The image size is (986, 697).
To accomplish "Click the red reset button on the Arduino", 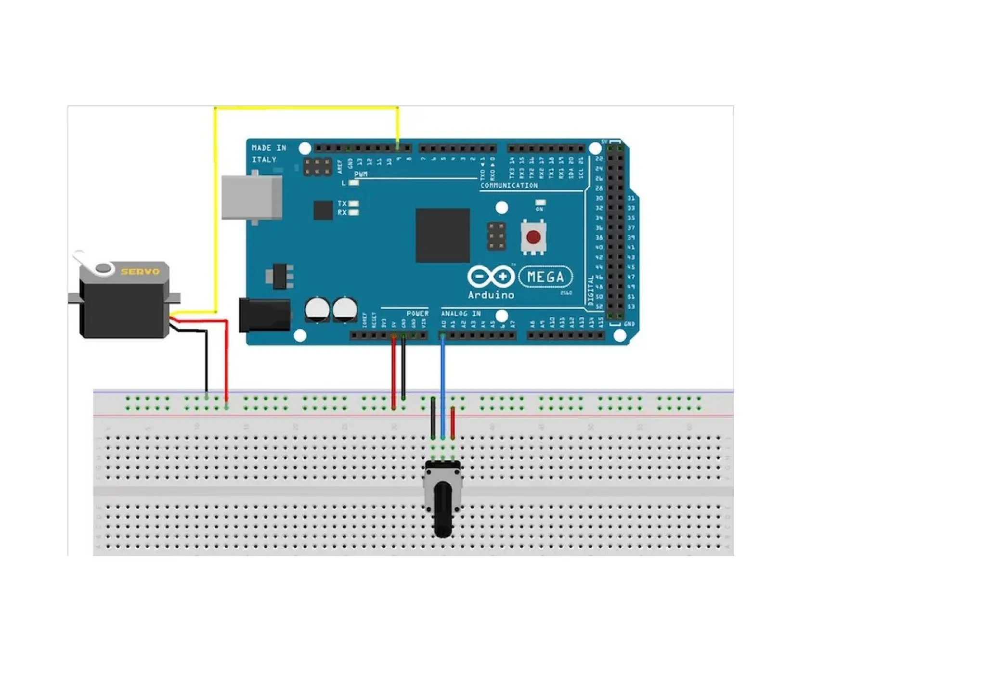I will coord(533,237).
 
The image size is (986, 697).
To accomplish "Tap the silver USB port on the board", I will coord(251,197).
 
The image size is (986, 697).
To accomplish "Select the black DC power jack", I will coord(264,315).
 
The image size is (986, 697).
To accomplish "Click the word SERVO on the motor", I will coord(140,271).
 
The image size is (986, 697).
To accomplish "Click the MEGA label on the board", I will coord(545,277).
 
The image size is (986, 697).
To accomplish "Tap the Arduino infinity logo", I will coord(491,277).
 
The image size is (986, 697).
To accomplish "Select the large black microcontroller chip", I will coord(442,235).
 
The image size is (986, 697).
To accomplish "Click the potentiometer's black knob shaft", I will coord(442,510).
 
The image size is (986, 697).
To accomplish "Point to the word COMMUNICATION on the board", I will coord(509,185).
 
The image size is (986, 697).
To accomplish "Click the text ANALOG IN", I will coord(461,313).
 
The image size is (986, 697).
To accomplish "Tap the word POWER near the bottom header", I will coord(417,313).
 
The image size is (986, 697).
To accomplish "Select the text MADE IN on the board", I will coord(269,148).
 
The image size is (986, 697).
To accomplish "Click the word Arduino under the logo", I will coord(491,295).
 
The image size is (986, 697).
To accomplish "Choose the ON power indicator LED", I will coord(540,203).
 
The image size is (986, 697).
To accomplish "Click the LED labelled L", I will coord(354,183).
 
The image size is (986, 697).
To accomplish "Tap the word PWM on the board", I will coord(361,174).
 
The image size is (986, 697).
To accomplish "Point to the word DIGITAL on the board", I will coord(591,290).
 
